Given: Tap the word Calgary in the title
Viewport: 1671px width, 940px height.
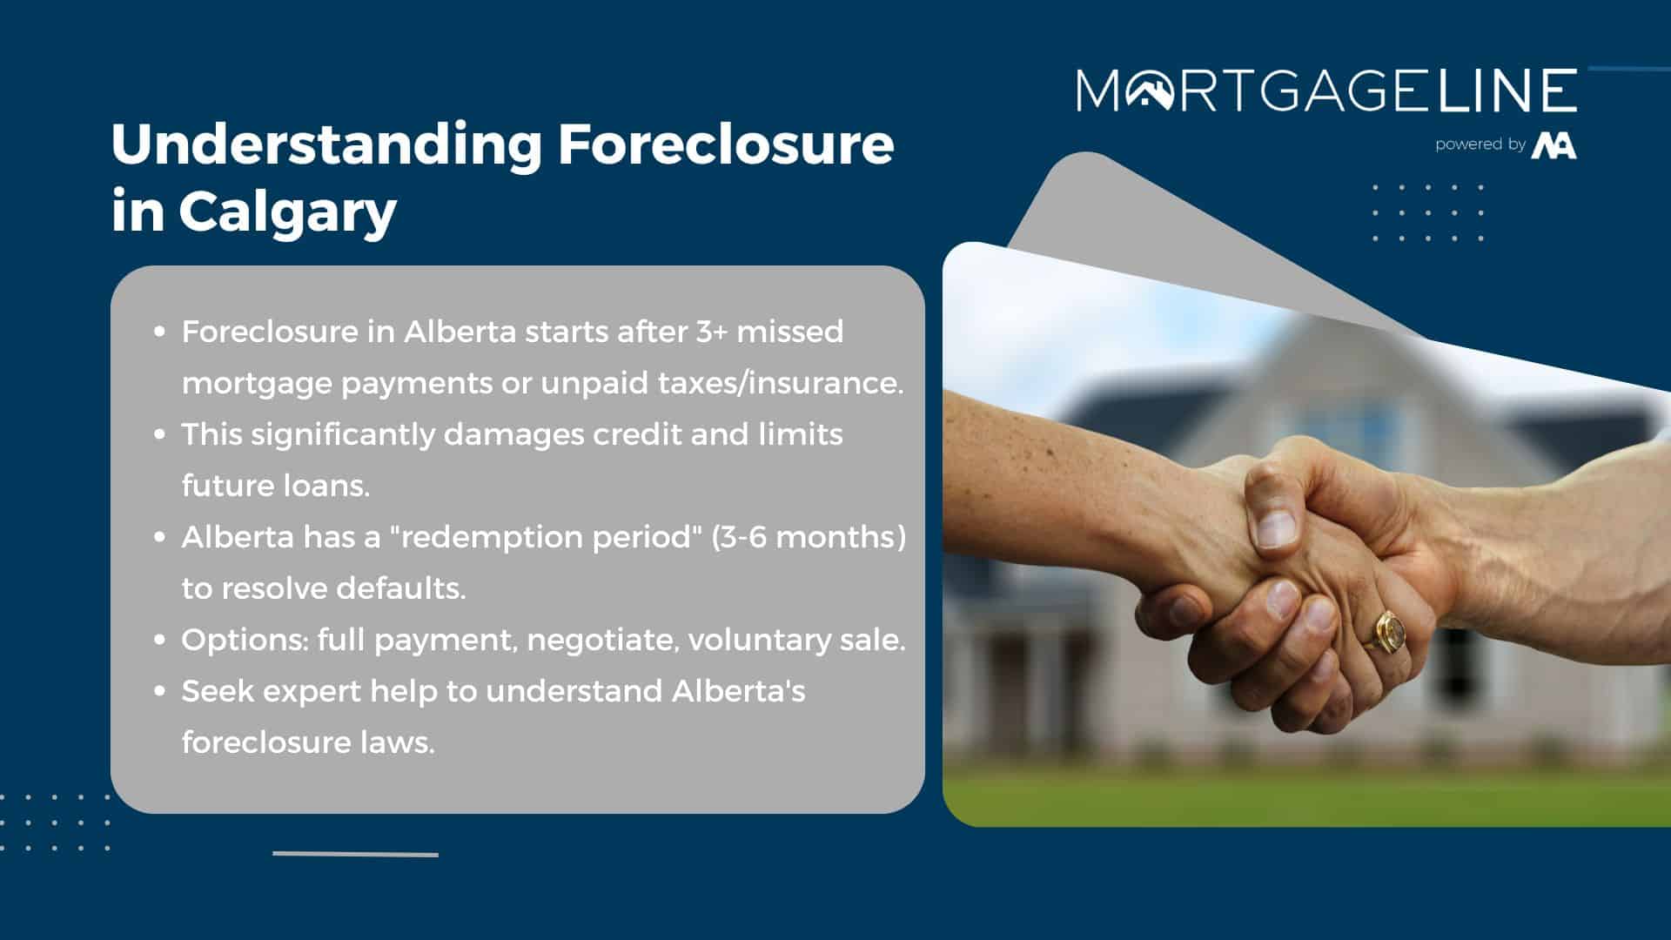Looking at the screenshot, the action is (x=287, y=212).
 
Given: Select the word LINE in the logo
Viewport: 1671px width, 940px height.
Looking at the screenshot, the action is (x=1509, y=90).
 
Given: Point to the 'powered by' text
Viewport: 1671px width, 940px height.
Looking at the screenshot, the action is (x=1480, y=144).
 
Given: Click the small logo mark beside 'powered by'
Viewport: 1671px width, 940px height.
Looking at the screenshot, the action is (x=1554, y=144).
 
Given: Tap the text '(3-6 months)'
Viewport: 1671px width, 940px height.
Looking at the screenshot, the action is (x=809, y=537).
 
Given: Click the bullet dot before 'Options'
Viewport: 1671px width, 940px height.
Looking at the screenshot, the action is (x=159, y=640).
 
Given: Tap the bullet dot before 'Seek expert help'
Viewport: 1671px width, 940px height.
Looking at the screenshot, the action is (x=159, y=691).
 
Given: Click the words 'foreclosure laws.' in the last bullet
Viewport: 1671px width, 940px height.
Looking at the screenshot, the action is (x=308, y=742).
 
